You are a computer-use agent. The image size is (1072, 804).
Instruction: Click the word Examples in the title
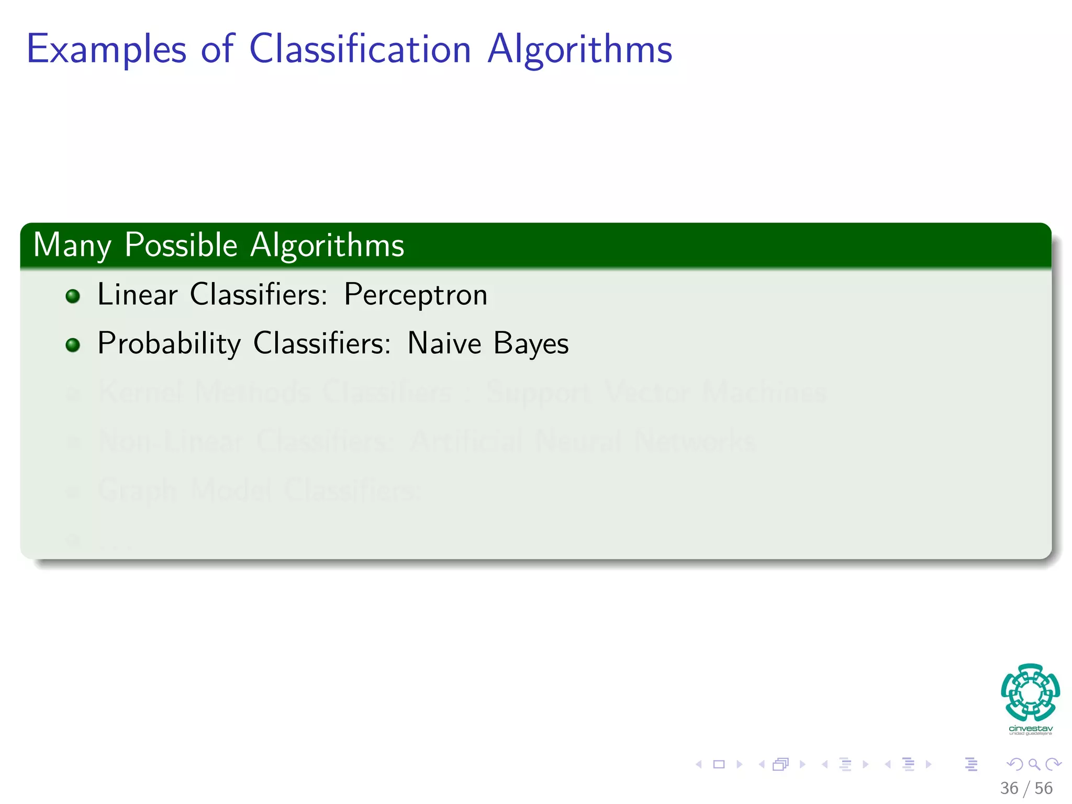106,50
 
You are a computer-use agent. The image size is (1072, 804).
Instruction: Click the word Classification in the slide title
360,49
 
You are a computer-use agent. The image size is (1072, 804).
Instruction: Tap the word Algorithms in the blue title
579,50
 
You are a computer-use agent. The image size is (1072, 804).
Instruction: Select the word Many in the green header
72,245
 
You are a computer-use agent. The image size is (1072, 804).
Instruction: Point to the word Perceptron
416,295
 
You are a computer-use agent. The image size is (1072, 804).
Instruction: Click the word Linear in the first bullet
138,294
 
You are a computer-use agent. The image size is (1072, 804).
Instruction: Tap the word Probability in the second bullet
169,344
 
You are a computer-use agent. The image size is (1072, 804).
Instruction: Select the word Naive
444,343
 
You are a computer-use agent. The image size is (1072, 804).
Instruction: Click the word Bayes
531,344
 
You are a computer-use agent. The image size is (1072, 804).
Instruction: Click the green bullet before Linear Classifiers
73,296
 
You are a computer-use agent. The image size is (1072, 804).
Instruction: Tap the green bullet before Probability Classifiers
73,345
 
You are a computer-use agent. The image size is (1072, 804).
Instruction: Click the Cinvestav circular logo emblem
1030,692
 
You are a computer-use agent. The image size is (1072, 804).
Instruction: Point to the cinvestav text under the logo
1030,729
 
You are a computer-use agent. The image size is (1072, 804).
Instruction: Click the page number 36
1009,788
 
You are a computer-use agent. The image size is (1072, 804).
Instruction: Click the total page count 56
1043,788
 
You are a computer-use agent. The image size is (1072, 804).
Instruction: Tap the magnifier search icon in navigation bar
1034,764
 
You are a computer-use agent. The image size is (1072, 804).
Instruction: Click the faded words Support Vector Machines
656,393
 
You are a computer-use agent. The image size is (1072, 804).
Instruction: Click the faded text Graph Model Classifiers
256,490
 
